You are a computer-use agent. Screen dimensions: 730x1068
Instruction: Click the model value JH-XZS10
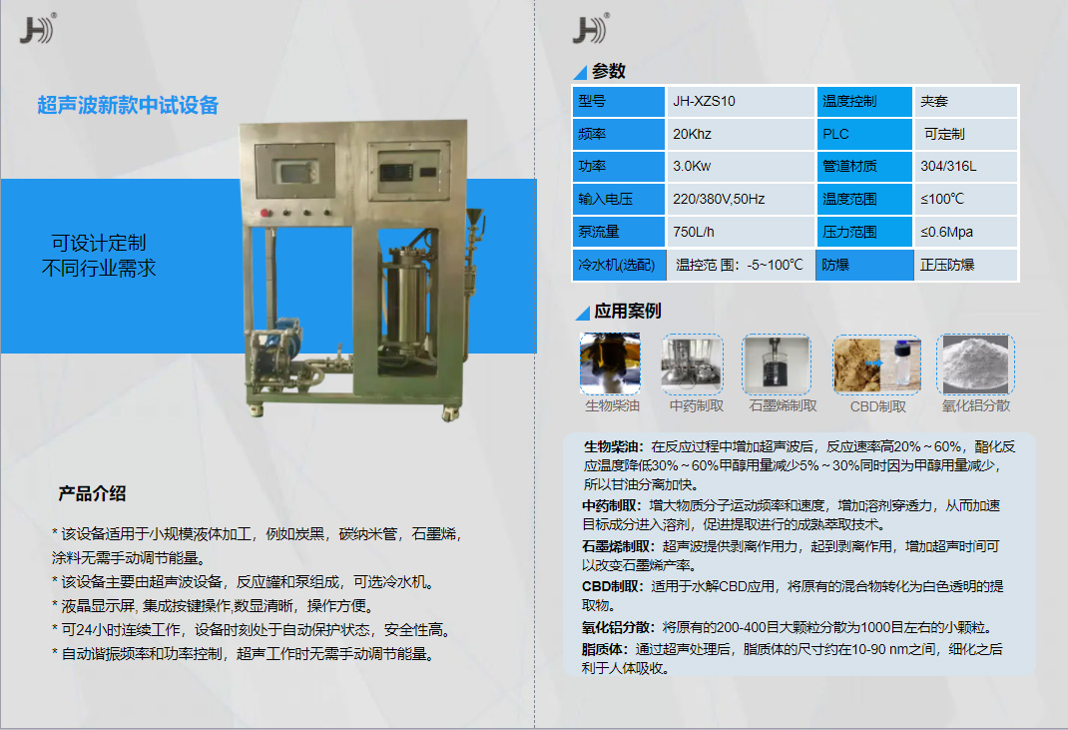click(704, 101)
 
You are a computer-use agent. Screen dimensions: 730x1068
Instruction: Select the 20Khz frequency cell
click(692, 134)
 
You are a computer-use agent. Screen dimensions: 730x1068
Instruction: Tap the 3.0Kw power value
click(691, 166)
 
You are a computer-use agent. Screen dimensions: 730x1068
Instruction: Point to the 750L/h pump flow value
click(694, 232)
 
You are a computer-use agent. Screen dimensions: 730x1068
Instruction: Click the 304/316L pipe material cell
click(948, 166)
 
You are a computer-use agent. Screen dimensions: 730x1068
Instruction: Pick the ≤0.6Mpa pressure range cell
click(946, 232)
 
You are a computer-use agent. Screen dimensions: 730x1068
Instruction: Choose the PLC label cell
click(835, 134)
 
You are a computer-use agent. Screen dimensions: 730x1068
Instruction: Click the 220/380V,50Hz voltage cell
click(719, 199)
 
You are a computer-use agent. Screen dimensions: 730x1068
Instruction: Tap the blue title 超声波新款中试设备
click(128, 105)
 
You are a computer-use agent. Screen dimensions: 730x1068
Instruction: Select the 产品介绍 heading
click(92, 493)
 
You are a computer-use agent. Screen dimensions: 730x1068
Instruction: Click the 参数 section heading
click(609, 71)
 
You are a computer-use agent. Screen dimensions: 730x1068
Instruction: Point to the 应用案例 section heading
click(627, 312)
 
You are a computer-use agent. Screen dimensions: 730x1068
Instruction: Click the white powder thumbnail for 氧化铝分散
click(975, 364)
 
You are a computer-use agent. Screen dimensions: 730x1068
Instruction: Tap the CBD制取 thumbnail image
click(877, 364)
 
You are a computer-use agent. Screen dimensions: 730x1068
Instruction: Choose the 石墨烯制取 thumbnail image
click(777, 364)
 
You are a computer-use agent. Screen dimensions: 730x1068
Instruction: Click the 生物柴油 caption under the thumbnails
click(611, 405)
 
